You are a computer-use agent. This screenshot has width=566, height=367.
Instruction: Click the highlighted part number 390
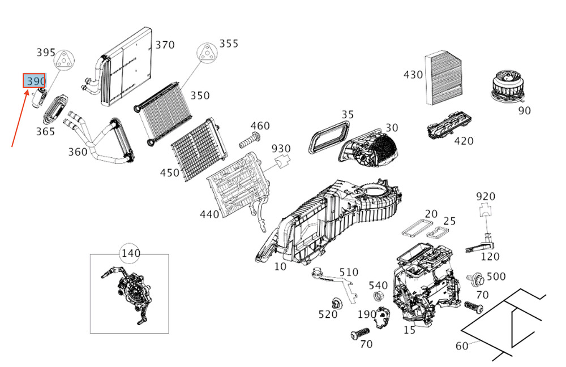(x=34, y=81)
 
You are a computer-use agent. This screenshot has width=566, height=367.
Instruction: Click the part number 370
(x=165, y=45)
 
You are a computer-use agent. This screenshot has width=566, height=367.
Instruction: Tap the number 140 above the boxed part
(x=130, y=253)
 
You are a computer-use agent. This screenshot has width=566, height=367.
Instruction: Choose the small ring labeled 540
(x=378, y=297)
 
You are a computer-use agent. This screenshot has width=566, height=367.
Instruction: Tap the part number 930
(x=281, y=149)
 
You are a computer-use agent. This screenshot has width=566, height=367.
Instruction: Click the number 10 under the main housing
(x=280, y=266)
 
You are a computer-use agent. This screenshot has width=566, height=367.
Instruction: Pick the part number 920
(x=485, y=196)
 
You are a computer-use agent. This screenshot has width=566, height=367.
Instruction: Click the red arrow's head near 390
(x=28, y=90)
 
